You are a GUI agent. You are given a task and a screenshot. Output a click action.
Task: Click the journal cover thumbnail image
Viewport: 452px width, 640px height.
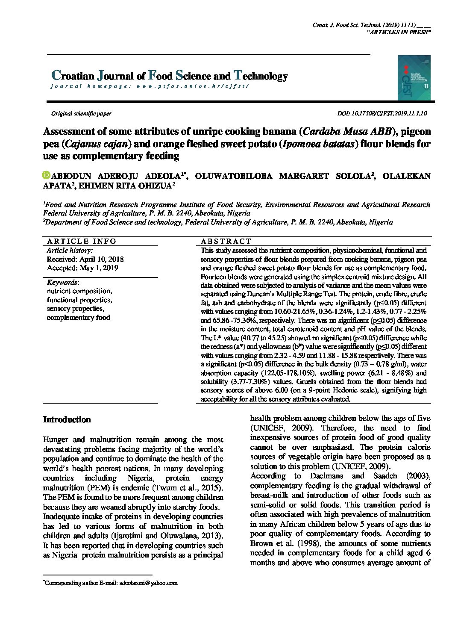414,78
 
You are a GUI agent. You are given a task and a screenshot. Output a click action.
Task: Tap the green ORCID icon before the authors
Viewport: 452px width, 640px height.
47,175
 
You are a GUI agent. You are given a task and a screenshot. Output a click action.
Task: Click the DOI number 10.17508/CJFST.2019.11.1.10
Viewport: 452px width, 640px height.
388,114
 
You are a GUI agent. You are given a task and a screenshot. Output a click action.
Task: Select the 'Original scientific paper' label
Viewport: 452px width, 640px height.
81,114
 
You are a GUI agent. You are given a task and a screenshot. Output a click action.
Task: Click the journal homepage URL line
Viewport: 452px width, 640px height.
149,86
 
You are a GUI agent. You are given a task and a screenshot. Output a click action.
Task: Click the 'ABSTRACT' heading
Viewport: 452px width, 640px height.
226,241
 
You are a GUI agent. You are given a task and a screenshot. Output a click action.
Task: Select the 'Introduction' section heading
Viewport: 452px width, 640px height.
67,419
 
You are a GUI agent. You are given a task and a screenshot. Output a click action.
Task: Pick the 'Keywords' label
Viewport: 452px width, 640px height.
62,283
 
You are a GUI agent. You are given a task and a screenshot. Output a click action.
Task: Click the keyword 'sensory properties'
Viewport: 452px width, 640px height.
75,309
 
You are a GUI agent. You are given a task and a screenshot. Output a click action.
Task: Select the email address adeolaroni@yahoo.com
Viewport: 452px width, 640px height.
148,583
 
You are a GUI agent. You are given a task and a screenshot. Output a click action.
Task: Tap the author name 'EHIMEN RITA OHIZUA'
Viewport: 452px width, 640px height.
124,186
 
